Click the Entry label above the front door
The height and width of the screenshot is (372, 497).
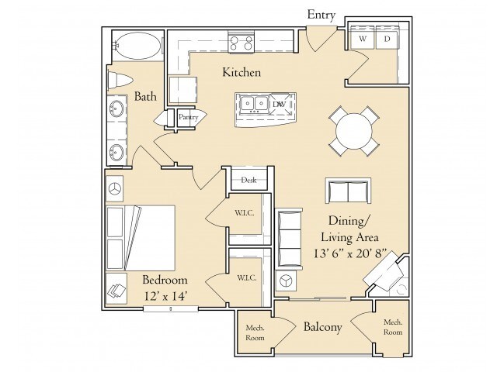click(x=321, y=15)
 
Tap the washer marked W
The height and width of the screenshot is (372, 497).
click(x=363, y=39)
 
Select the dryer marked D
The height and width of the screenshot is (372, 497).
click(x=387, y=39)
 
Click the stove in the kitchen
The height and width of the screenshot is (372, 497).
click(x=241, y=42)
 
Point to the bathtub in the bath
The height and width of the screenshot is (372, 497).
click(x=137, y=46)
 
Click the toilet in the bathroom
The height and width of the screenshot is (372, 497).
click(x=119, y=80)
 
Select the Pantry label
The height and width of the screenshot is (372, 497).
click(x=188, y=117)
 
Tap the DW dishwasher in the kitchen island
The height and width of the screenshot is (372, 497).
click(x=279, y=104)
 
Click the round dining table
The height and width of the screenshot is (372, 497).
click(x=354, y=131)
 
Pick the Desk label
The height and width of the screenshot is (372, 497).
click(x=248, y=180)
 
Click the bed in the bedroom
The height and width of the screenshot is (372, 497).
click(x=141, y=238)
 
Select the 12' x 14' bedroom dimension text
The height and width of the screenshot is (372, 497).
click(x=165, y=296)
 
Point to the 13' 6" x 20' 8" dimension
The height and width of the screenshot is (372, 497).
click(x=350, y=253)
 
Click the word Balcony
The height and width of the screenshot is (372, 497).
click(x=323, y=327)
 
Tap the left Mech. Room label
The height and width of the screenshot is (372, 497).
click(x=255, y=332)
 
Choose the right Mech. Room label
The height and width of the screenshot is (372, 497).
click(x=393, y=327)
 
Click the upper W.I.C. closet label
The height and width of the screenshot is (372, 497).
click(x=244, y=213)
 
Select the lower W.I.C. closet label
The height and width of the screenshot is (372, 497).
click(x=247, y=278)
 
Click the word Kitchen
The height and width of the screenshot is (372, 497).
click(x=242, y=72)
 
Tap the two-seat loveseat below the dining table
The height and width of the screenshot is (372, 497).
click(x=349, y=191)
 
